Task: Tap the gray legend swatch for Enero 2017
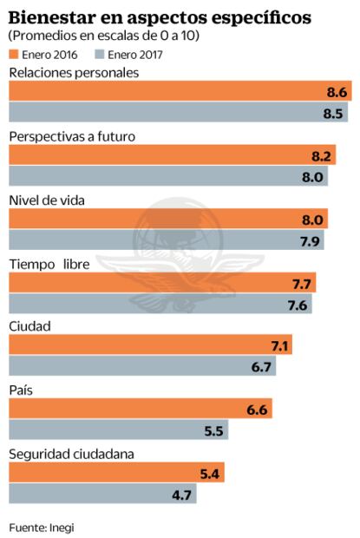88,54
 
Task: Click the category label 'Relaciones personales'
74,73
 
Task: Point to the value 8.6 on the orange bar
337,92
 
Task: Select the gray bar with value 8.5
178,113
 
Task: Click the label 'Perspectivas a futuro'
72,137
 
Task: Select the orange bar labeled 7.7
161,283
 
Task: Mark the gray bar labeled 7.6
160,304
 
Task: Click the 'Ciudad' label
29,327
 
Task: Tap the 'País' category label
23,390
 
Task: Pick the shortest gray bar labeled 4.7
102,494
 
